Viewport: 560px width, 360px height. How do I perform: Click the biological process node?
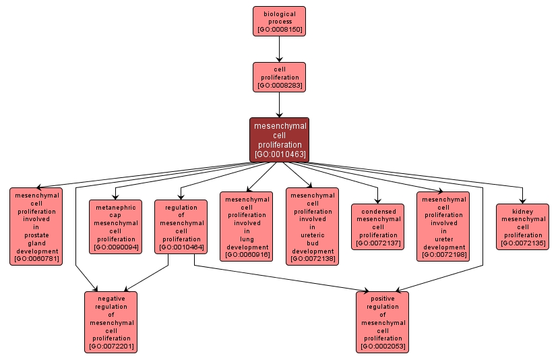(279, 21)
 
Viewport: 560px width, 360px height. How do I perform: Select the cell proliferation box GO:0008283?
(279, 77)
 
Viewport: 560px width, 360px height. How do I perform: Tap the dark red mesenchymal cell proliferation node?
(279, 140)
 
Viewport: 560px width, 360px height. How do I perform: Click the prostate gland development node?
(36, 226)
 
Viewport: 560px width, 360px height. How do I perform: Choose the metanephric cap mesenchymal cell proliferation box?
(115, 227)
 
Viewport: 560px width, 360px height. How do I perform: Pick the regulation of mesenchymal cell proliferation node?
(181, 227)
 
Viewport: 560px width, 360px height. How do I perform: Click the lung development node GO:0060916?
(247, 227)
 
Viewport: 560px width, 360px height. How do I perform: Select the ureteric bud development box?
(312, 227)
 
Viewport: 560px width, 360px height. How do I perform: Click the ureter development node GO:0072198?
(443, 227)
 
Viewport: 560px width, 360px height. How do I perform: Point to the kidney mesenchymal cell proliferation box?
(522, 227)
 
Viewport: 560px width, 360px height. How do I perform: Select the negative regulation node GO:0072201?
(111, 322)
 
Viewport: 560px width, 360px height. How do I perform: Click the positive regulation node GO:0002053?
(382, 322)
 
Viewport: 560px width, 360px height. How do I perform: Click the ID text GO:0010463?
(279, 154)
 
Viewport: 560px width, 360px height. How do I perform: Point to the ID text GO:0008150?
(279, 30)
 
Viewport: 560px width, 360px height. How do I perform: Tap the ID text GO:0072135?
(522, 243)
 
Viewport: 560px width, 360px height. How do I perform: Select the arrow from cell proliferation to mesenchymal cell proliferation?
(279, 104)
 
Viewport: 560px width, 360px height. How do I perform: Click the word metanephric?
(115, 208)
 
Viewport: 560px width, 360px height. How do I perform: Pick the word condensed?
(378, 211)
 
